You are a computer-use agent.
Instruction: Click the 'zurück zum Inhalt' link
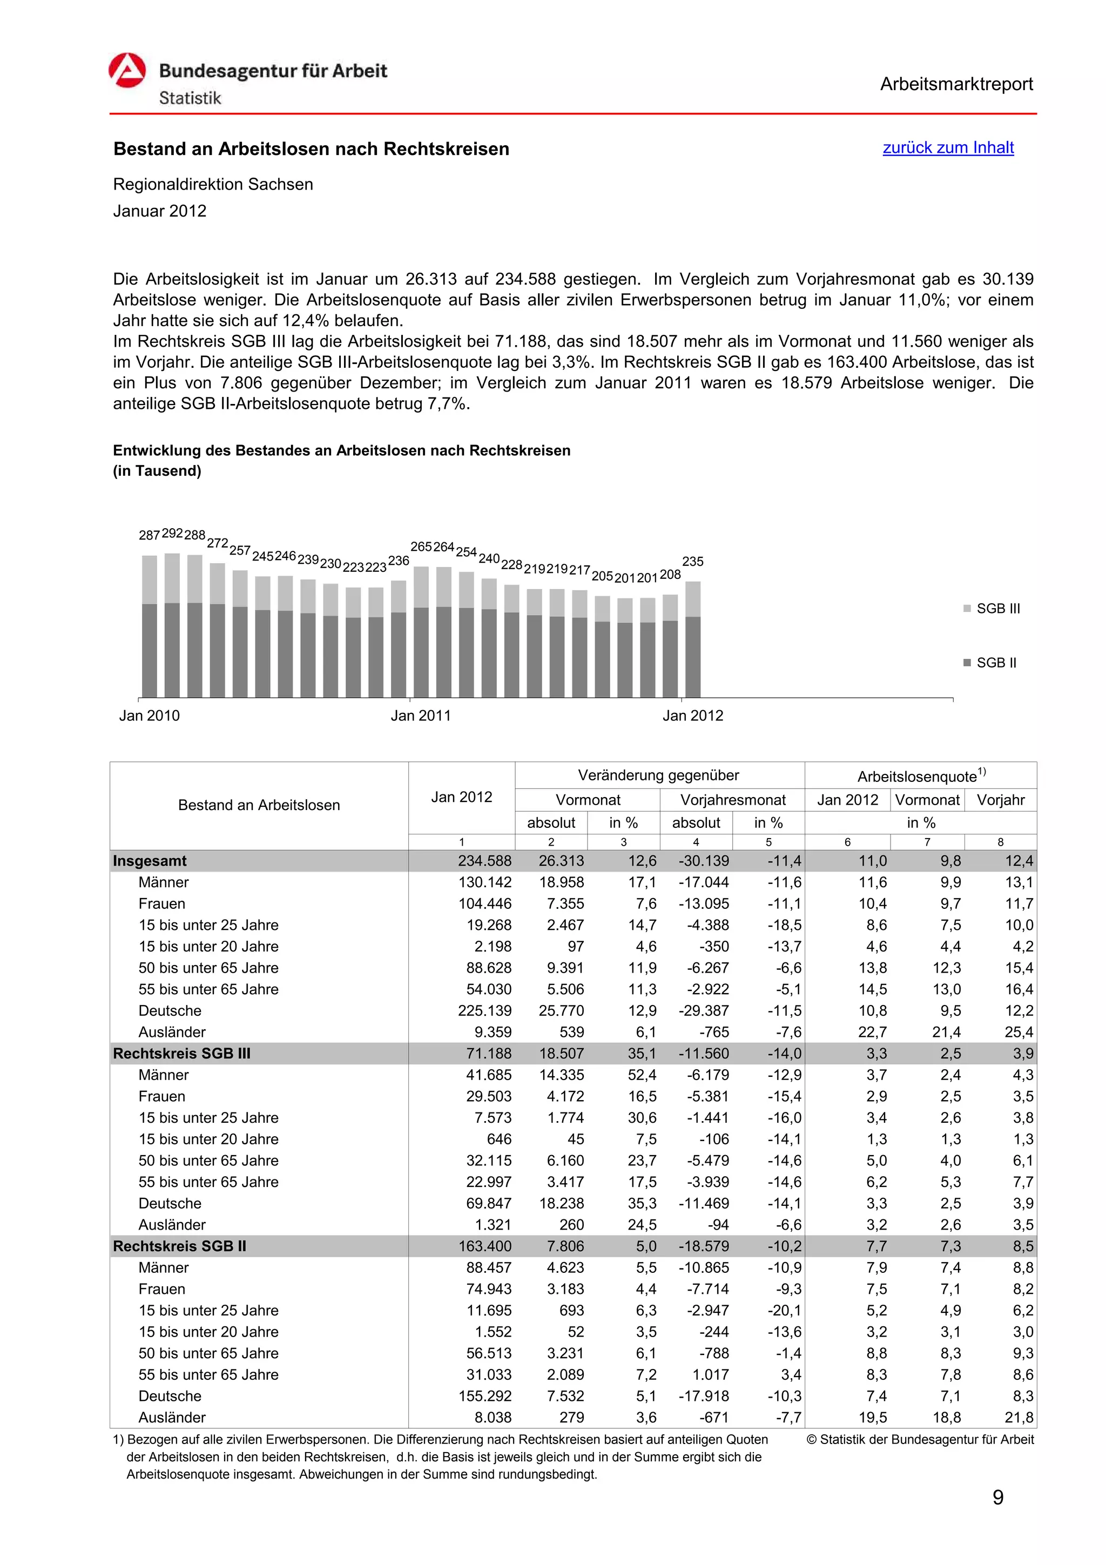pyautogui.click(x=947, y=148)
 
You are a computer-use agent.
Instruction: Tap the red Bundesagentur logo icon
pyautogui.click(x=127, y=71)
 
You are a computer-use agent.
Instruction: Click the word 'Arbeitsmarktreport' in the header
pyautogui.click(x=955, y=85)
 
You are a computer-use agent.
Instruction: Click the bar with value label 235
pyautogui.click(x=692, y=639)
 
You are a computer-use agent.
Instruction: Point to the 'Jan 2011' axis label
pyautogui.click(x=421, y=716)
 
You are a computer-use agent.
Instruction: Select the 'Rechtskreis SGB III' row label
pyautogui.click(x=182, y=1054)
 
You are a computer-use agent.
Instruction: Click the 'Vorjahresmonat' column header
pyautogui.click(x=733, y=800)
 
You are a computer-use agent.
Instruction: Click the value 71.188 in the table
pyautogui.click(x=489, y=1054)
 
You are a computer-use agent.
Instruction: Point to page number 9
pyautogui.click(x=997, y=1497)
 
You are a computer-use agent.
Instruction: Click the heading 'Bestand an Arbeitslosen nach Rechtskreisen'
pyautogui.click(x=312, y=149)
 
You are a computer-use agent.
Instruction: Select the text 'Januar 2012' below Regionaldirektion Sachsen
pyautogui.click(x=159, y=211)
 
